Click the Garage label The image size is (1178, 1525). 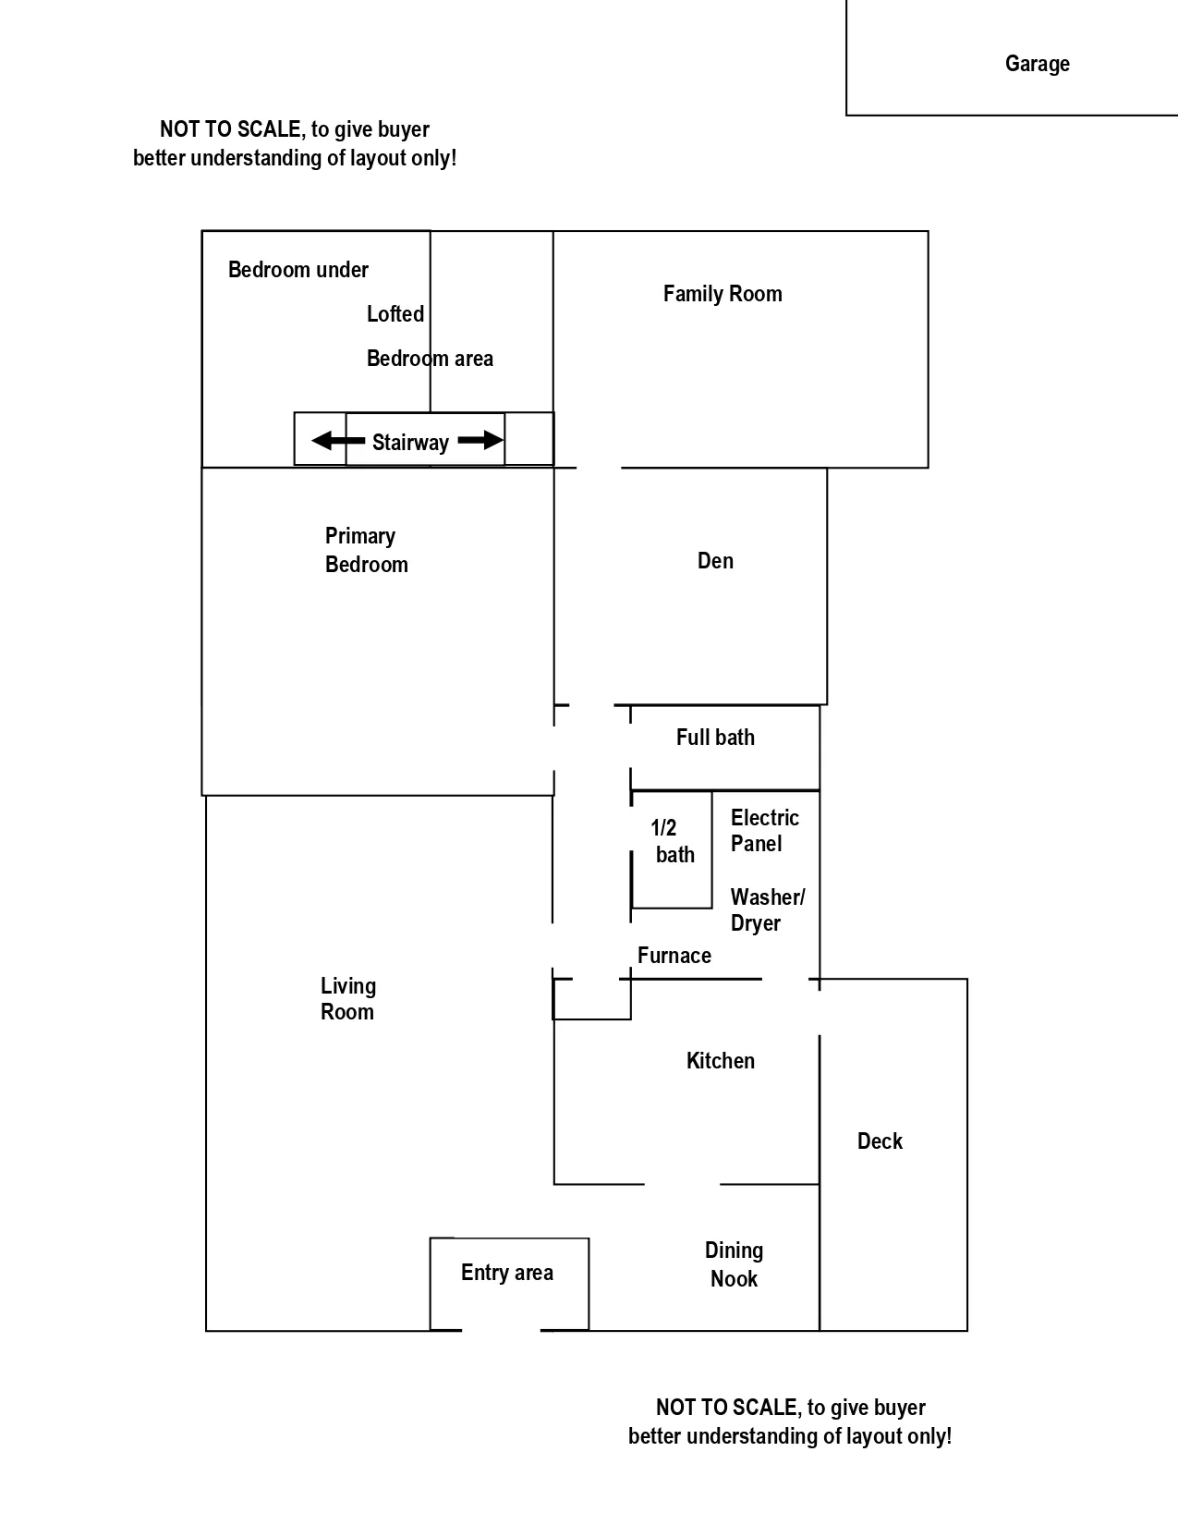(x=1037, y=64)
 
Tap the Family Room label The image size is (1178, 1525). (x=723, y=294)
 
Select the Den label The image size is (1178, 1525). (x=715, y=561)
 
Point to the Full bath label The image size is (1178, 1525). (x=715, y=738)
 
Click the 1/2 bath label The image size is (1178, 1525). (x=671, y=841)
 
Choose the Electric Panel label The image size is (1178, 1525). (x=763, y=830)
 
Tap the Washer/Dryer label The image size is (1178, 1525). (x=767, y=909)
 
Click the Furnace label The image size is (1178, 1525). (x=674, y=956)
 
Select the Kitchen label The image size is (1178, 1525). (x=720, y=1061)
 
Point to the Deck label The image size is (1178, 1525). (x=880, y=1141)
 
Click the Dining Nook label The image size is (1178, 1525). (x=734, y=1264)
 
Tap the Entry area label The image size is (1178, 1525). (x=507, y=1273)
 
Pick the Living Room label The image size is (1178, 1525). (x=347, y=999)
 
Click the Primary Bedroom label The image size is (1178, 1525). (x=366, y=550)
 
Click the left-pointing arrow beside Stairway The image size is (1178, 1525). (x=336, y=441)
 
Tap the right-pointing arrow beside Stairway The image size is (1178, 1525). (x=480, y=441)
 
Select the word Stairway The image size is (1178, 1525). (x=410, y=443)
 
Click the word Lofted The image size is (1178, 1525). (x=395, y=314)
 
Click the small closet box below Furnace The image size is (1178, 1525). (x=592, y=999)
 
